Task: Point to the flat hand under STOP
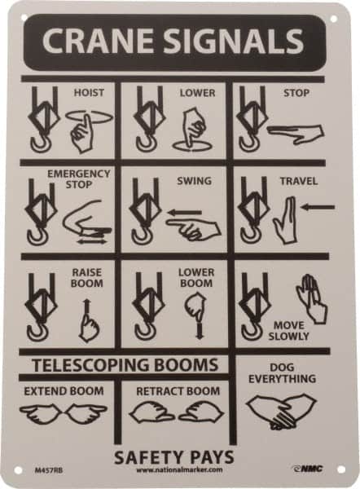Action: click(x=295, y=131)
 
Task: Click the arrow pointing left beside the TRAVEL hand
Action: click(x=316, y=207)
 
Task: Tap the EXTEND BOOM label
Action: click(x=64, y=391)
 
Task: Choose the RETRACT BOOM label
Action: click(x=178, y=391)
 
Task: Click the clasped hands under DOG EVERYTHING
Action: click(x=280, y=411)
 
